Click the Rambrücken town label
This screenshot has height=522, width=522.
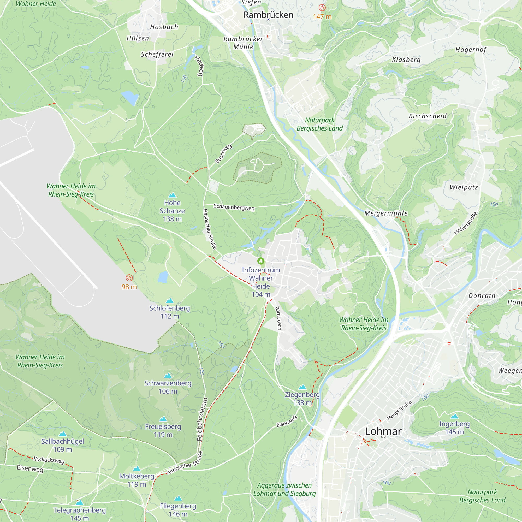[x=268, y=15]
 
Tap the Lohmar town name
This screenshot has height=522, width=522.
[x=383, y=431]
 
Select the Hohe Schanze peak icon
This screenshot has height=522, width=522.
[x=172, y=195]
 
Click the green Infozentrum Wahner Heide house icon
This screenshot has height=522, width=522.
[x=261, y=261]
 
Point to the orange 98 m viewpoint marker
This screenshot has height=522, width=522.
[x=129, y=278]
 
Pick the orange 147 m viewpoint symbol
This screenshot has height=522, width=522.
[x=322, y=8]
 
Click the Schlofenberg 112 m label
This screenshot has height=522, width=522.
[x=170, y=312]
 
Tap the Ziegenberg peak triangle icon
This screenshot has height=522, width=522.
[x=302, y=387]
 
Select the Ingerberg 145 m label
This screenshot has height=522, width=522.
[x=454, y=428]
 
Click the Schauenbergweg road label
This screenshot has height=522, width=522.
[x=234, y=207]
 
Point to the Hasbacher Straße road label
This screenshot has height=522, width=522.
[x=210, y=229]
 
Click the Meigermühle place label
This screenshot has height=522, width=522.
[x=386, y=213]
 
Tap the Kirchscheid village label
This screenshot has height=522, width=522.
[x=428, y=116]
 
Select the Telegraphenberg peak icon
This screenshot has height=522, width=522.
[x=79, y=502]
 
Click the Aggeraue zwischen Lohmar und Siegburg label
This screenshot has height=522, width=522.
[x=284, y=489]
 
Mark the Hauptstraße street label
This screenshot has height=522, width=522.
[x=399, y=410]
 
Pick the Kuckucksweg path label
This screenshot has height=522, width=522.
[x=49, y=460]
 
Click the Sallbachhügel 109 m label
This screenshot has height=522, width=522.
[x=62, y=445]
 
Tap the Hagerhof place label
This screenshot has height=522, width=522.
[x=471, y=50]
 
